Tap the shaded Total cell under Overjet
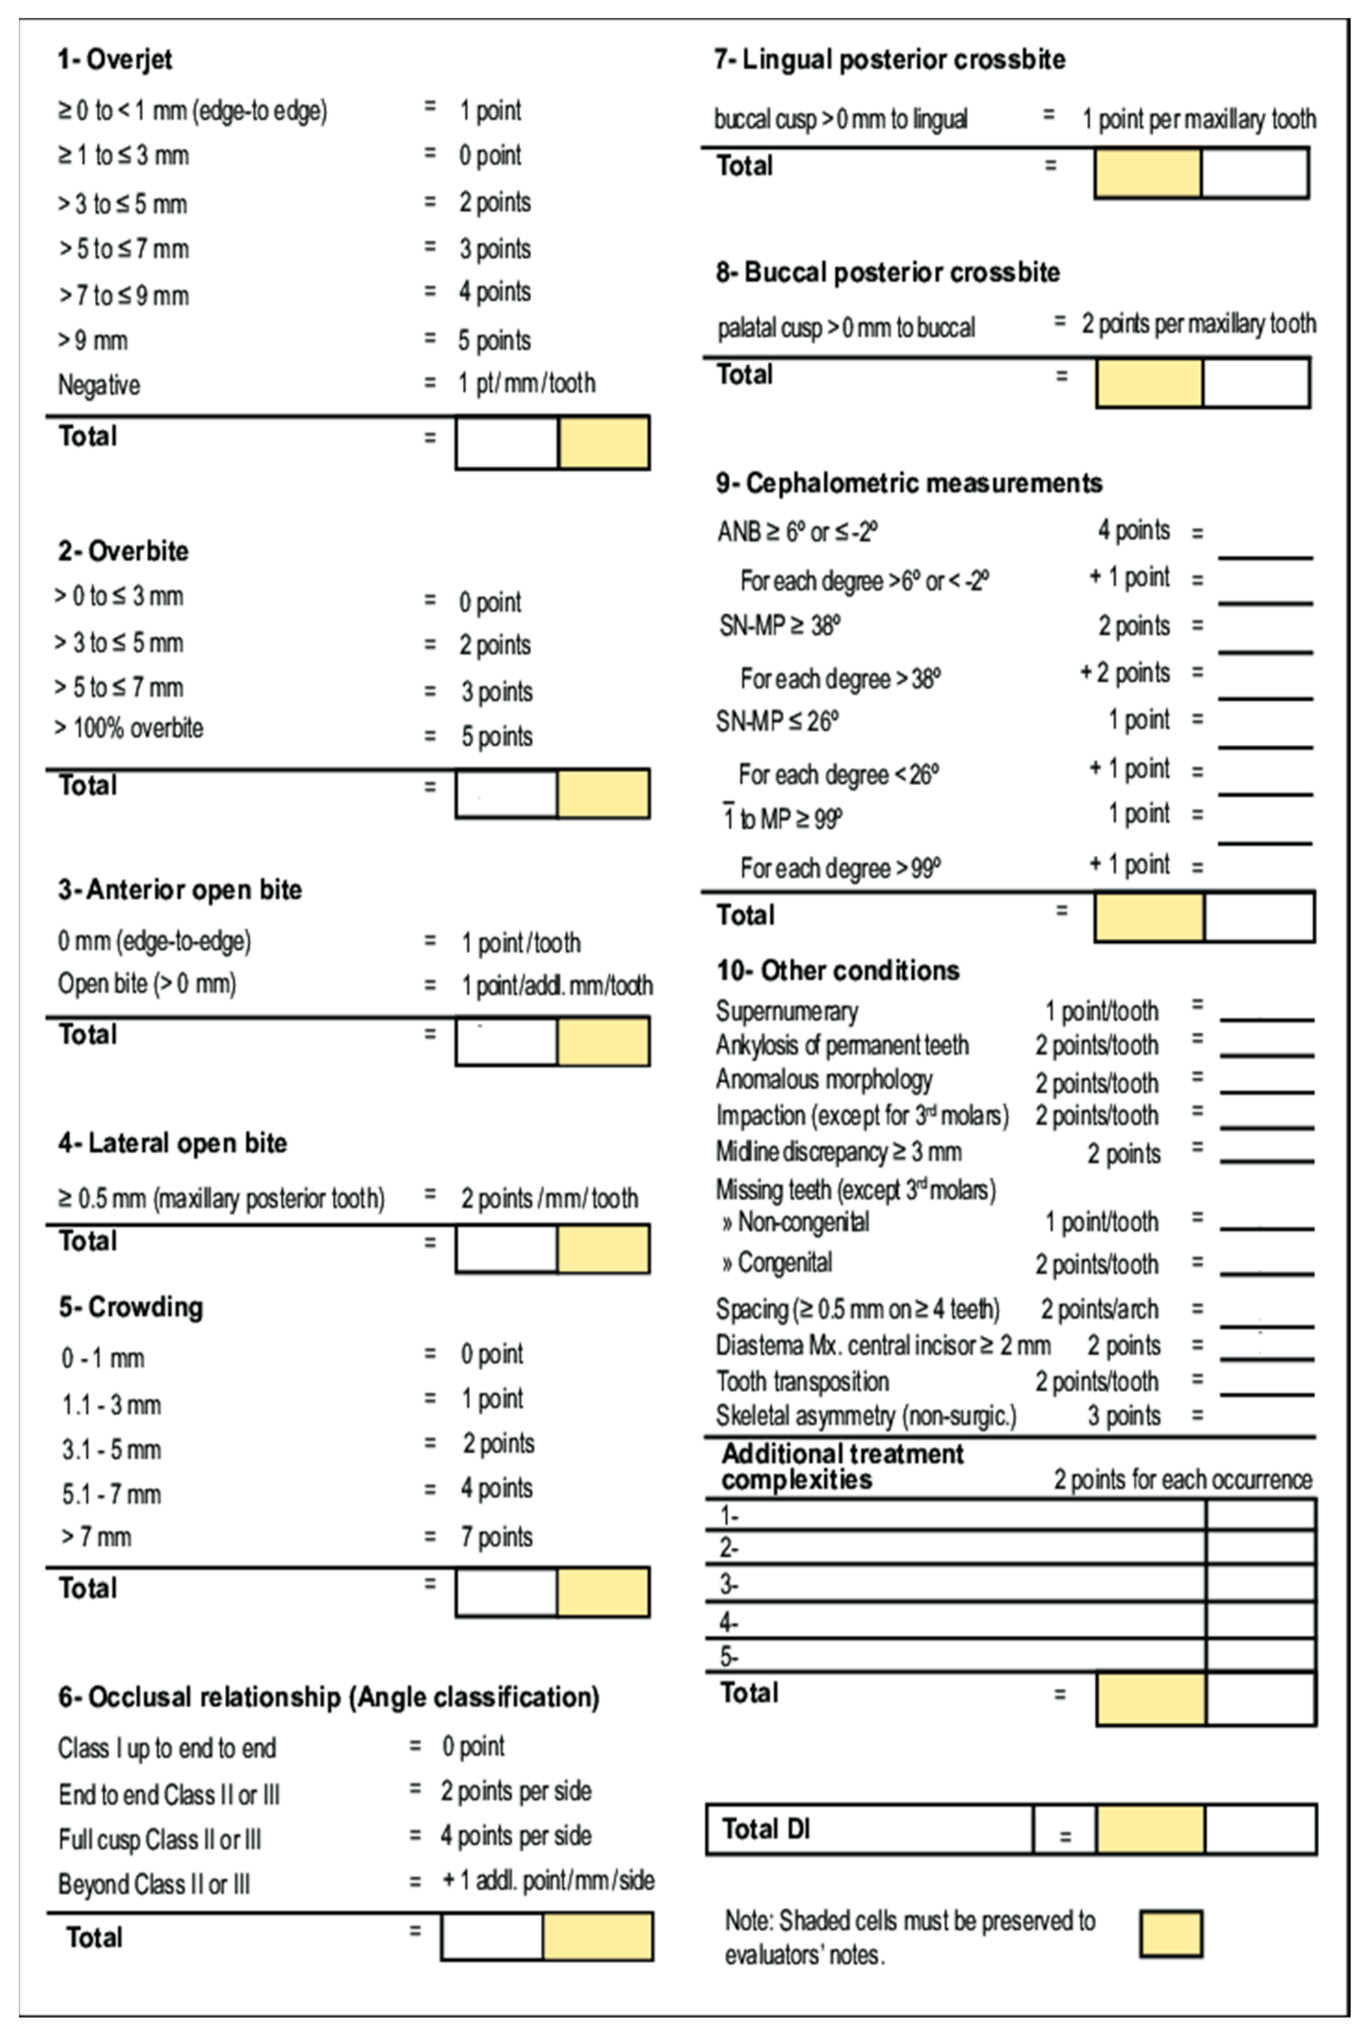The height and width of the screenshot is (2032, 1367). pyautogui.click(x=603, y=443)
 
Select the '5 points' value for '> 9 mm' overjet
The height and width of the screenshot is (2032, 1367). pyautogui.click(x=494, y=340)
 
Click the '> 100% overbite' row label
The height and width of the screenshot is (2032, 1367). pyautogui.click(x=129, y=728)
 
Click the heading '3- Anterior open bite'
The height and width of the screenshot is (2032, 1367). pyautogui.click(x=180, y=890)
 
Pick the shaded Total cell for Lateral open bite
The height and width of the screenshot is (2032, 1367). pyautogui.click(x=603, y=1249)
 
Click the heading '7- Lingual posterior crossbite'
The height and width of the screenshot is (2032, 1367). pyautogui.click(x=889, y=59)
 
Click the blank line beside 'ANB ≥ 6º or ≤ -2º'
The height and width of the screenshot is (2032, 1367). pyautogui.click(x=1265, y=545)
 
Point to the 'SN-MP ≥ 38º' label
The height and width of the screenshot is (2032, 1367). pyautogui.click(x=779, y=625)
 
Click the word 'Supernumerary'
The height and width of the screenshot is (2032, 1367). pyautogui.click(x=787, y=1011)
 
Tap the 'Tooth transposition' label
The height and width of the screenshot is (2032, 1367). pyautogui.click(x=802, y=1381)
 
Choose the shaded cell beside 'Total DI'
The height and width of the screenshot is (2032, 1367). pyautogui.click(x=1151, y=1829)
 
